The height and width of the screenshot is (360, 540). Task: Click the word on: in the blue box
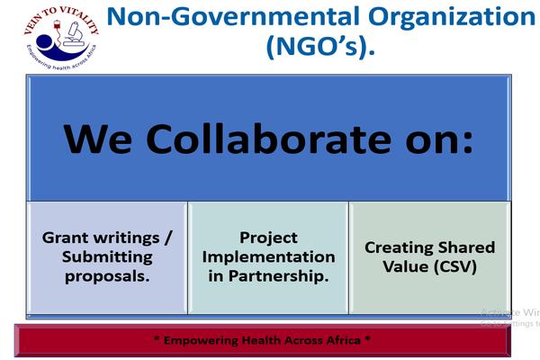[431, 139]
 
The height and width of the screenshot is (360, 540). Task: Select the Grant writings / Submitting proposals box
[107, 257]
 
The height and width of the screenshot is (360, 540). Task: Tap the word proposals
[107, 275]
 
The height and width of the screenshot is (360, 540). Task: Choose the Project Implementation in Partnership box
[268, 257]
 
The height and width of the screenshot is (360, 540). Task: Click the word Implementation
[268, 256]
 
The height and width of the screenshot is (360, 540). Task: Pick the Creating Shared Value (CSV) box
[429, 257]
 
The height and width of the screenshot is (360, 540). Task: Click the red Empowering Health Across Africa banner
[262, 340]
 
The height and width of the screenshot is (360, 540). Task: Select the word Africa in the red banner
[342, 340]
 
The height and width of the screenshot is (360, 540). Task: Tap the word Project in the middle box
[268, 238]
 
